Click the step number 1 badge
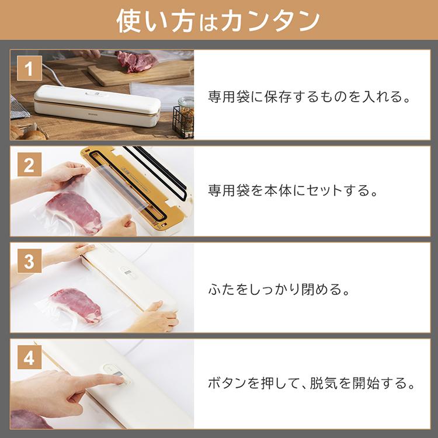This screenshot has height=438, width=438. click(28, 69)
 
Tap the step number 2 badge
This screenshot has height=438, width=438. click(28, 166)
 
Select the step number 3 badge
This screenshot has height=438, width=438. click(28, 262)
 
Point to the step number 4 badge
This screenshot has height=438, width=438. click(28, 358)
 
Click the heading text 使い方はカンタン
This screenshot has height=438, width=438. click(218, 20)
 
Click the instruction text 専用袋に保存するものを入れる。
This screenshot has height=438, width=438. click(310, 96)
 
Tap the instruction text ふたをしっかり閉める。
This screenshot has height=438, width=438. click(280, 288)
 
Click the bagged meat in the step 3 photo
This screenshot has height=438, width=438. click(76, 304)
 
